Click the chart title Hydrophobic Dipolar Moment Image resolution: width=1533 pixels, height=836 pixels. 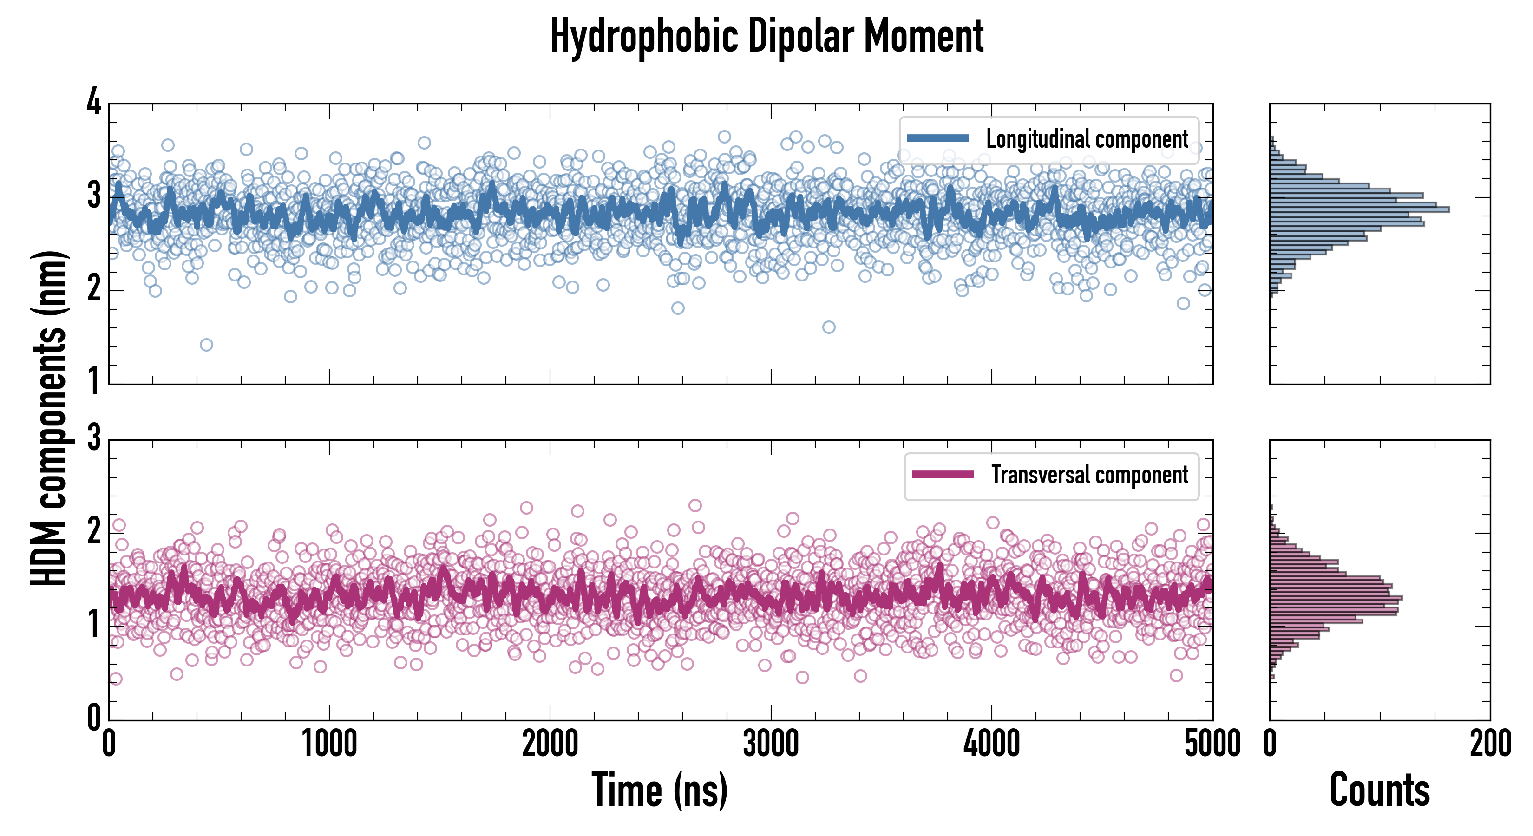[x=766, y=37]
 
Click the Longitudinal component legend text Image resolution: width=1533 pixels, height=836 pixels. [x=1087, y=139]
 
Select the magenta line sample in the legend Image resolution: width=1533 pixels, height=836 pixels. [x=943, y=475]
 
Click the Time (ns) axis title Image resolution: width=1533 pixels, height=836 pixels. [x=659, y=790]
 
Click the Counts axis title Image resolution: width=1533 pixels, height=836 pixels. [x=1379, y=790]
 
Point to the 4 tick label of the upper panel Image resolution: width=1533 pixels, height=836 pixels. [x=94, y=102]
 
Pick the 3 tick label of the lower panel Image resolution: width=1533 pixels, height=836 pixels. [x=94, y=438]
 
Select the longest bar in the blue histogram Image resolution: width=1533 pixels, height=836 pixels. [x=1359, y=209]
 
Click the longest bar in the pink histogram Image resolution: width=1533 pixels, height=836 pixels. [x=1336, y=597]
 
